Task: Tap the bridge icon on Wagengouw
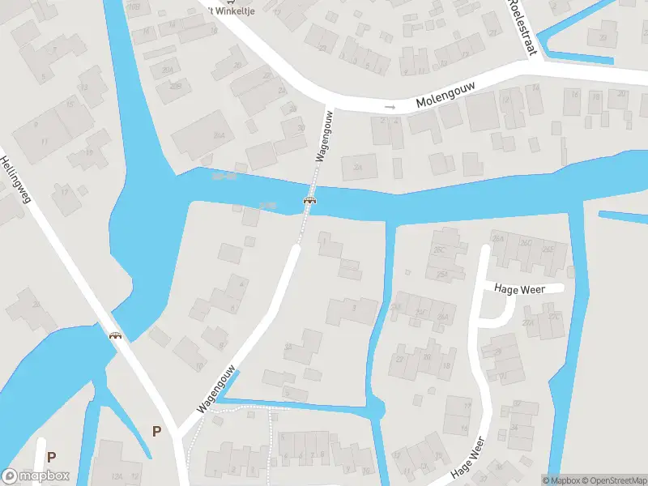pos(309,199)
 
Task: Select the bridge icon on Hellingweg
pos(116,334)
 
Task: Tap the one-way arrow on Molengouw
pos(390,106)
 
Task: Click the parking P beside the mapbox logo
pos(51,457)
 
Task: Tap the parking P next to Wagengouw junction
pos(156,431)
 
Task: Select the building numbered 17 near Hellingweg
pos(65,191)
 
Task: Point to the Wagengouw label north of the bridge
pos(324,138)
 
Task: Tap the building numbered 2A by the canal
pos(288,346)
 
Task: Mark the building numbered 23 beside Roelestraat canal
pos(602,37)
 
